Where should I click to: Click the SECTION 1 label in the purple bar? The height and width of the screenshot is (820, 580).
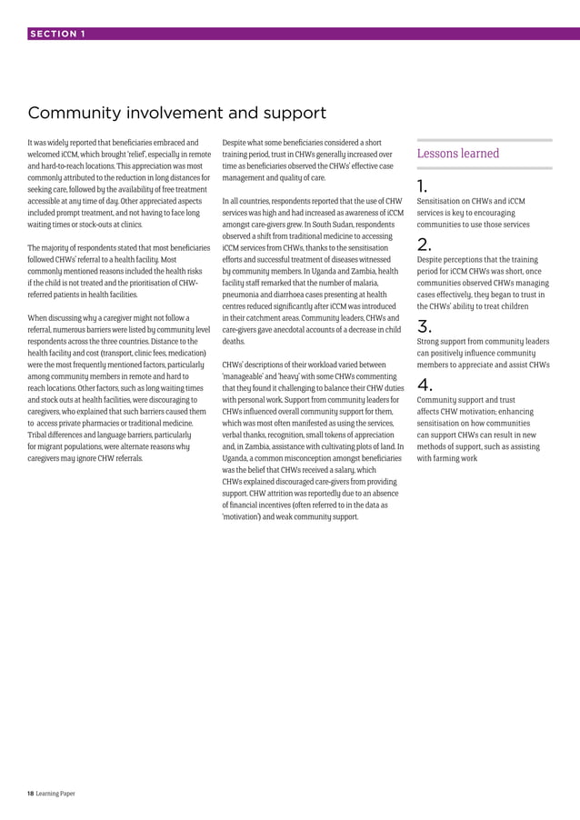(57, 34)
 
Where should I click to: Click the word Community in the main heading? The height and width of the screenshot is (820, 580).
(74, 114)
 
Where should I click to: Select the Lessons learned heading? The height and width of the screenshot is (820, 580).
(458, 154)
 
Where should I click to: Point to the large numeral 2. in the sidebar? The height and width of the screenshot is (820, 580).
(424, 244)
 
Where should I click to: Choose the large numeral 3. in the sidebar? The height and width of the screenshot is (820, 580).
(424, 326)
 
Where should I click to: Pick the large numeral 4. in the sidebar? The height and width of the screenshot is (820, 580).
(425, 384)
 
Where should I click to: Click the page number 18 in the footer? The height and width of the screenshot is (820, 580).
(31, 794)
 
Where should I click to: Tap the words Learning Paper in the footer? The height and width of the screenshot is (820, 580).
(56, 794)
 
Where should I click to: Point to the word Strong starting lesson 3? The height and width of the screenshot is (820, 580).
(430, 341)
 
